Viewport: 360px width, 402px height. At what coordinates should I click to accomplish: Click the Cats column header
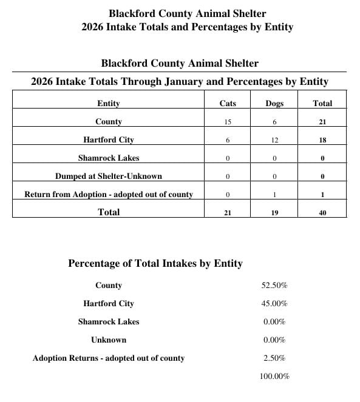click(x=228, y=104)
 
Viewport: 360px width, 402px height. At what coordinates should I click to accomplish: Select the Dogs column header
click(x=274, y=104)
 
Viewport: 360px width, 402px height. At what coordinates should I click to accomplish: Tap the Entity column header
click(x=109, y=104)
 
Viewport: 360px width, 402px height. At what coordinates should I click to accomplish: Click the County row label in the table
click(x=109, y=122)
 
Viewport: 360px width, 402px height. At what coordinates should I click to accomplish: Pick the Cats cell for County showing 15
click(x=228, y=122)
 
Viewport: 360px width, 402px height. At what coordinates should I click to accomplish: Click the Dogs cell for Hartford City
click(x=274, y=141)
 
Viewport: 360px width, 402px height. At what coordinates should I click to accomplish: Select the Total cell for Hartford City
click(x=322, y=141)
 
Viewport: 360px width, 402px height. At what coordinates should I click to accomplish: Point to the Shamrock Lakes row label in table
click(x=109, y=158)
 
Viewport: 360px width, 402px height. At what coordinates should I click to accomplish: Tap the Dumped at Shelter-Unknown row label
click(x=109, y=176)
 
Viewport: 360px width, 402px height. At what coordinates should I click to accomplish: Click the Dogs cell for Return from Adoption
click(x=274, y=195)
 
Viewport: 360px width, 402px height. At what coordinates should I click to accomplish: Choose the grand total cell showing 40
click(x=322, y=213)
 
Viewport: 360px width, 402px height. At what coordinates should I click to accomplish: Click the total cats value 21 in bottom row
click(x=228, y=213)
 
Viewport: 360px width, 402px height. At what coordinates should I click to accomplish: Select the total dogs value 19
click(x=274, y=213)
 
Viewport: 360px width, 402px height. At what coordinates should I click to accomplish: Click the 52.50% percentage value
click(x=274, y=286)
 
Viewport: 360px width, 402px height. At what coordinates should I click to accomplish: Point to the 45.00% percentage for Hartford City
click(x=274, y=304)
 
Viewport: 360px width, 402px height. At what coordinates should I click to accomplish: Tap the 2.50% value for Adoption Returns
click(x=274, y=358)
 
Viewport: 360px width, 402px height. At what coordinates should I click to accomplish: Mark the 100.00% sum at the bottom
click(x=274, y=377)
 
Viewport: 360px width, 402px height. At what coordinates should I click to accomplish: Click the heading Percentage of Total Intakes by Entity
click(x=155, y=264)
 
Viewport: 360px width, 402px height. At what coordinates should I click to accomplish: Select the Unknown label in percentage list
click(x=109, y=340)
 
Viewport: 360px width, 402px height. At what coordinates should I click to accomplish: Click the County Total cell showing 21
click(x=322, y=122)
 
